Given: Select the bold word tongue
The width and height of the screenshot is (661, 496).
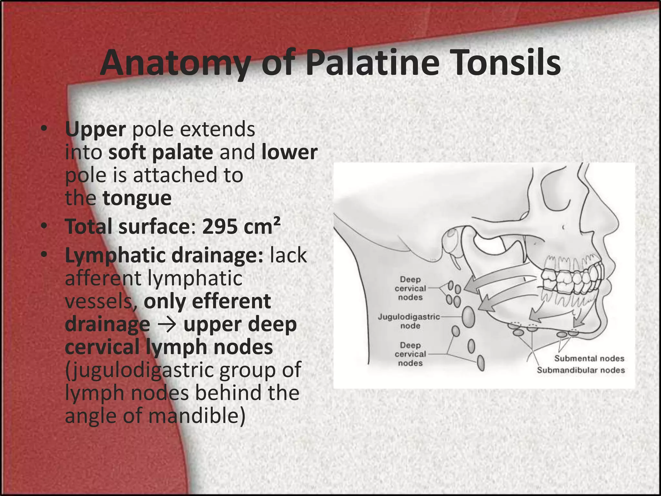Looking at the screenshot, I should [137, 198].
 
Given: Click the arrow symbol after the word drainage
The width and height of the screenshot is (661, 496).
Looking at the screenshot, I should [167, 325].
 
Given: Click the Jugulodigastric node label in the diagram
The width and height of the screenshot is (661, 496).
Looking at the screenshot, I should [409, 321].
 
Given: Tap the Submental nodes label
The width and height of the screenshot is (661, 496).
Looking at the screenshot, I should [589, 358].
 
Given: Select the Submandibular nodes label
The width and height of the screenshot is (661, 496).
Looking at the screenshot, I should [581, 370].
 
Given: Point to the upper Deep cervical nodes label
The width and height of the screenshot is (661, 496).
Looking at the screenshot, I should [410, 288].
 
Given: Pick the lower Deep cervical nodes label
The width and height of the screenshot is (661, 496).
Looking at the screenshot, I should [410, 354].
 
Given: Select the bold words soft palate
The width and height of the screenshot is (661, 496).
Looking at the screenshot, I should [160, 152].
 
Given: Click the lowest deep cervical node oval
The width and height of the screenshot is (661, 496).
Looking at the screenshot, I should [481, 363].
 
